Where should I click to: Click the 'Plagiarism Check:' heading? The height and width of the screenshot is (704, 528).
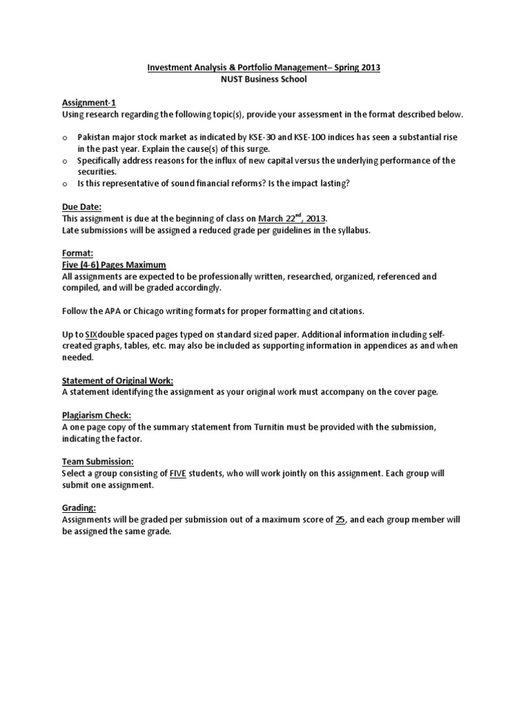coord(96,415)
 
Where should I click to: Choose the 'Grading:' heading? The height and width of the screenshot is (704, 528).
coord(79,508)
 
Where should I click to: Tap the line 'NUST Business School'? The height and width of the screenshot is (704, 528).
coord(264,79)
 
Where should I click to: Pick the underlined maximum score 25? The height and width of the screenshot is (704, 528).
coord(340,520)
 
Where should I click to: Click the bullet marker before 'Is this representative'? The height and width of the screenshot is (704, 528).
coord(65,184)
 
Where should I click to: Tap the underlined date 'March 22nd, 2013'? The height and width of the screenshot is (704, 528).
coord(292,219)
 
